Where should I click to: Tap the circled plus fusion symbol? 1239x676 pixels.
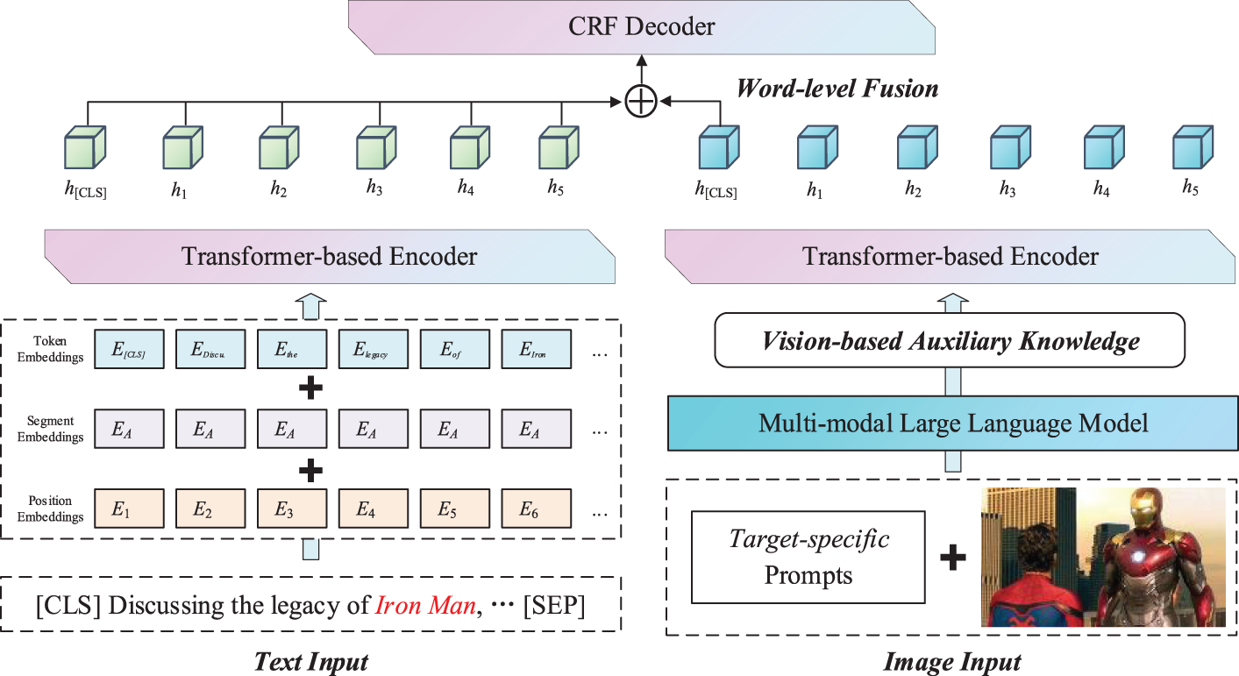641,103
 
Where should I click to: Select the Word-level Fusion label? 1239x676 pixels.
837,89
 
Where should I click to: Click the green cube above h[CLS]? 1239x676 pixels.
86,146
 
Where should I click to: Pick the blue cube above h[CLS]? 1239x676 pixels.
716,146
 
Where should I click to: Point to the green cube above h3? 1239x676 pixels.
377,146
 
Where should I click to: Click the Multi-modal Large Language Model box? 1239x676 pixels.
952,424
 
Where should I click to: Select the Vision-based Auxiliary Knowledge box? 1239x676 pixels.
951,341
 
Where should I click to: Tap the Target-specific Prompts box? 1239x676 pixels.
808,557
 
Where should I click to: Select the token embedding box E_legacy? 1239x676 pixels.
374,349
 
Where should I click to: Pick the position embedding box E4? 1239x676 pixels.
374,508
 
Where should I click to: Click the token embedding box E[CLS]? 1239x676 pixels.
130,349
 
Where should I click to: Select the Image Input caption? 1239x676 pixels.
951,661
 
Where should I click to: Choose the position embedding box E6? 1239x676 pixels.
535,508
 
